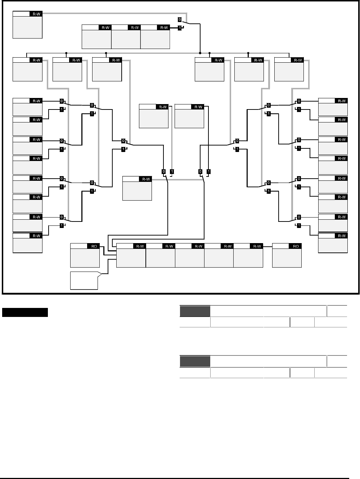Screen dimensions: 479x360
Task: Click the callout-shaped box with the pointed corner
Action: point(85,281)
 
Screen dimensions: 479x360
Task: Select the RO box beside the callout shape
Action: point(85,255)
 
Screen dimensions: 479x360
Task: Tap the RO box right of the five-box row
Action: point(287,255)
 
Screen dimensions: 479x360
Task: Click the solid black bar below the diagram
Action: point(25,312)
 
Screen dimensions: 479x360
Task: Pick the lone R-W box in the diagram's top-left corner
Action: point(27,24)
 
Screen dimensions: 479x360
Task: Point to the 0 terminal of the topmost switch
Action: point(180,19)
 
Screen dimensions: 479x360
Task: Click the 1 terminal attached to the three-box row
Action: point(180,28)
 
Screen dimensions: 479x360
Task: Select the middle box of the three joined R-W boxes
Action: point(126,37)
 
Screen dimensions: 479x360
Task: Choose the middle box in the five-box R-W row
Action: point(189,255)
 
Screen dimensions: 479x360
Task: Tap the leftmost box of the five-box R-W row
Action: point(131,255)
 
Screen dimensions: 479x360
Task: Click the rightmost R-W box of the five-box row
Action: point(248,255)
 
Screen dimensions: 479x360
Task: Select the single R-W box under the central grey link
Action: point(137,188)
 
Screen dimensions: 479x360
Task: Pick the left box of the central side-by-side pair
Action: point(154,116)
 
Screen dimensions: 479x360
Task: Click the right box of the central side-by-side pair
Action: point(189,116)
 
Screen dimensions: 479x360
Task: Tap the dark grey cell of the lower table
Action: point(195,362)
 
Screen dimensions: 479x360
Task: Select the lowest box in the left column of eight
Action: point(27,243)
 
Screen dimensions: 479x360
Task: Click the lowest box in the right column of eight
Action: point(333,243)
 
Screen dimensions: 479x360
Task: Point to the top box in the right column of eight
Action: point(333,107)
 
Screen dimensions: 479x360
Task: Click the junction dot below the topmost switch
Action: point(200,53)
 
